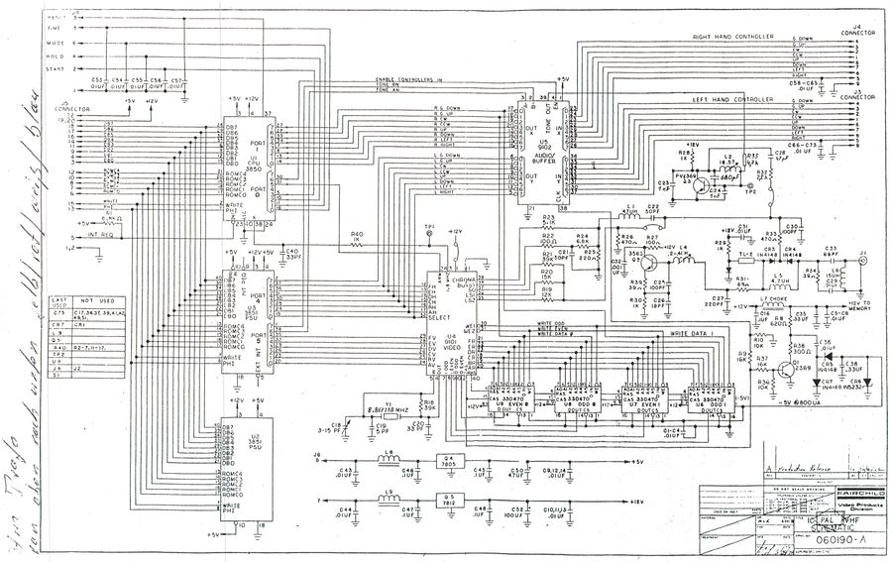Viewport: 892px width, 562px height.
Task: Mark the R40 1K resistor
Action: [356, 238]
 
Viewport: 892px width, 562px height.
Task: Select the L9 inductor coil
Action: [389, 500]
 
